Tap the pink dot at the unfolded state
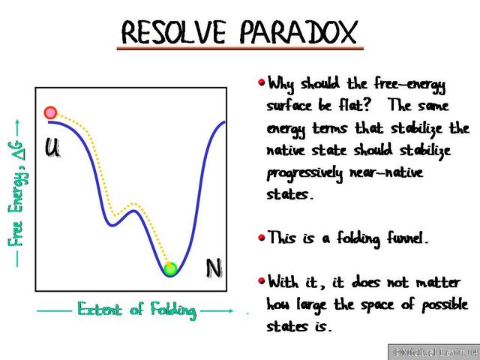pos(50,112)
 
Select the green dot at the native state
pos(170,268)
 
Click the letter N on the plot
pos(214,268)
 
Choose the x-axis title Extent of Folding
pos(136,309)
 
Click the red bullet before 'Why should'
pos(261,81)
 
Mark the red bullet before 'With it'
pos(261,281)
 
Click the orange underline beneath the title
pos(240,49)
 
